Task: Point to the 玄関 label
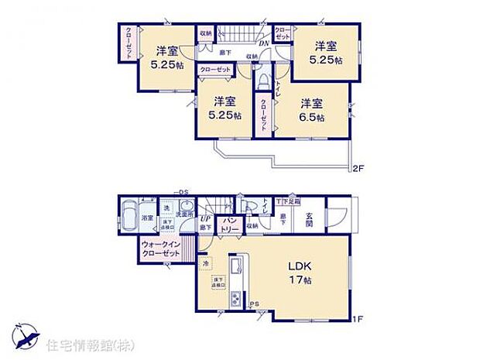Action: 309,221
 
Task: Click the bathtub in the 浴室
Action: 129,210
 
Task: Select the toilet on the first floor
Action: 247,206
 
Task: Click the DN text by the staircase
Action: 263,44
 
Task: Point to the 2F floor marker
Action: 358,169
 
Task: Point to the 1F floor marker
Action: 358,318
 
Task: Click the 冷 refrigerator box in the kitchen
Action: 206,264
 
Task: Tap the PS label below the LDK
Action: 254,304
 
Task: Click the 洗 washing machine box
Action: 166,207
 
